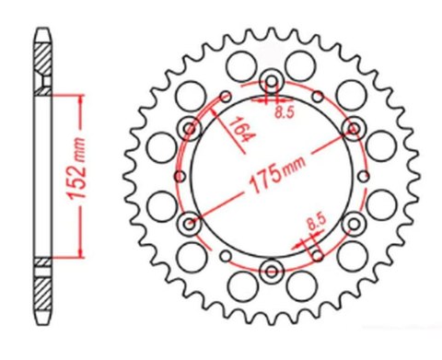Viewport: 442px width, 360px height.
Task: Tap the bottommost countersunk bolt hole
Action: [273, 271]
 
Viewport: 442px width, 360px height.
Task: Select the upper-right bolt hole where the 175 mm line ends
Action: [353, 126]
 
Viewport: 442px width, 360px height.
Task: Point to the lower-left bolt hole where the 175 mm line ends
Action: [192, 222]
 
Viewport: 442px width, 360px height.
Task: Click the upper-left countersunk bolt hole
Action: [192, 126]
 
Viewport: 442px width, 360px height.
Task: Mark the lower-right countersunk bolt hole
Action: [354, 223]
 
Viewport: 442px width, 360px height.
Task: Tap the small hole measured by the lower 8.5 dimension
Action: [316, 250]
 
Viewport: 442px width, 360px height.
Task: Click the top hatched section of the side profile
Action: [43, 64]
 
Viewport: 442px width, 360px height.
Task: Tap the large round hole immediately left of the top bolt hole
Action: [241, 65]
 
